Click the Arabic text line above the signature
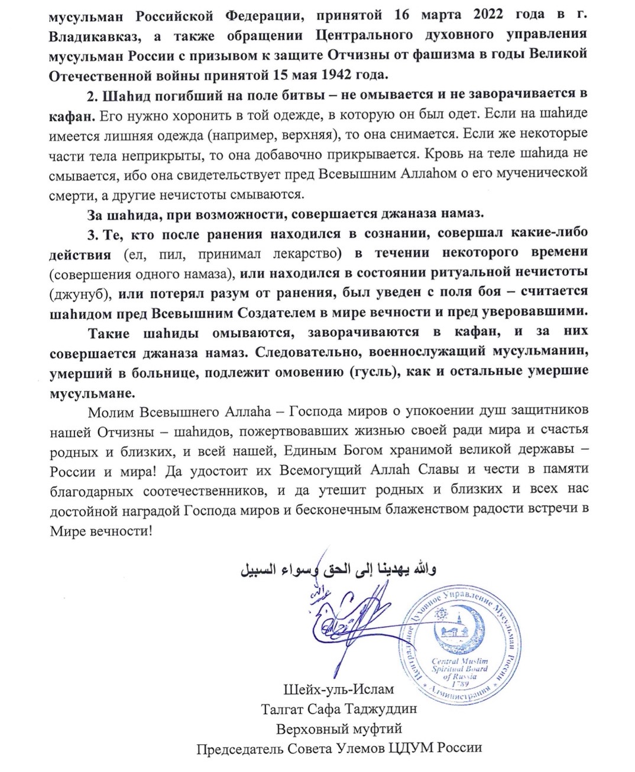coord(340,571)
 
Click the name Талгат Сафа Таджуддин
coord(340,709)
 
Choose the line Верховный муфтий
coord(340,729)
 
